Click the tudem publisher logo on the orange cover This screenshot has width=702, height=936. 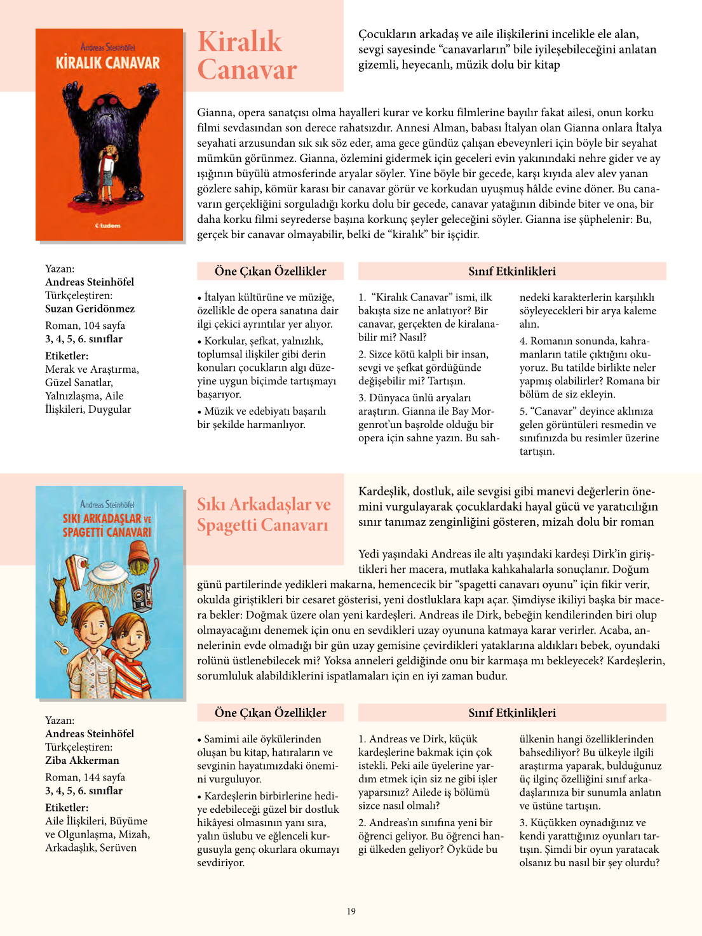point(108,225)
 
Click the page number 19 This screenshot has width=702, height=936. point(351,911)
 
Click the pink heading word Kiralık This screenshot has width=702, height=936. point(240,42)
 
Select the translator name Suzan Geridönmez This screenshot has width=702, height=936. point(90,309)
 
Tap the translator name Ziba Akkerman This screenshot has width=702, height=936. point(82,760)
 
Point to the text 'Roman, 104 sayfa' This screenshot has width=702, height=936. point(85,325)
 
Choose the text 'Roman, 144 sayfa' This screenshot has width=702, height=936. point(85,777)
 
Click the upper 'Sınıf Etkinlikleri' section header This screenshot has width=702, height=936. point(512,271)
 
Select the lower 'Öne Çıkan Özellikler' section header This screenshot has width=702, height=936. point(270,712)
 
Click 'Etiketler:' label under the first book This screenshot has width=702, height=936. point(67,356)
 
